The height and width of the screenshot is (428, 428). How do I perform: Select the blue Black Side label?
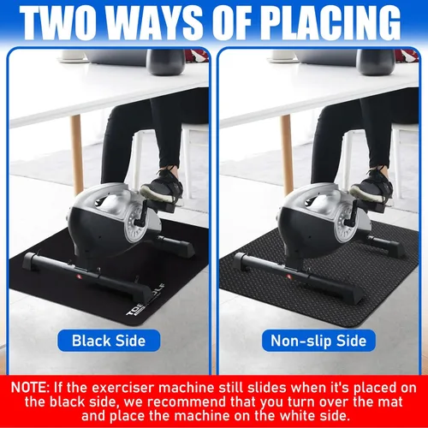click(x=108, y=341)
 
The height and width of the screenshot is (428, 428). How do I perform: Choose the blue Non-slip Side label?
click(x=319, y=341)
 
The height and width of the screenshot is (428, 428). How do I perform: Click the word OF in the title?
click(x=226, y=22)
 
